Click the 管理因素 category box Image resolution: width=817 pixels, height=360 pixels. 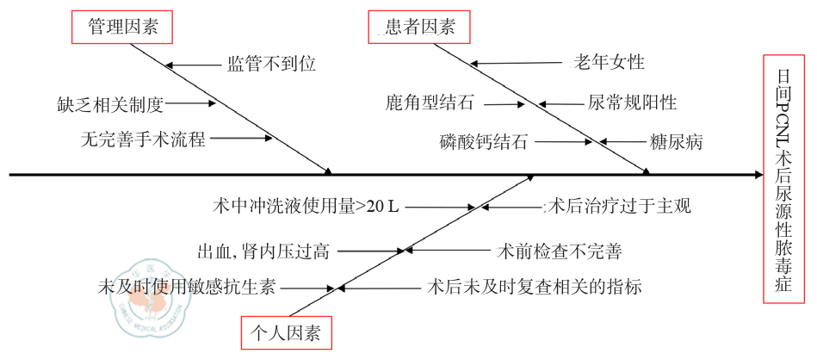tap(123, 28)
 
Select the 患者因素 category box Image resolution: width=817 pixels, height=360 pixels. tap(419, 28)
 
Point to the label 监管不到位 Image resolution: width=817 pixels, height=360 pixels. tap(271, 65)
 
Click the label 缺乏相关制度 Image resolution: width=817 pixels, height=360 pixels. tap(110, 104)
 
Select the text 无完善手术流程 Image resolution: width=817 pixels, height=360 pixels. tap(144, 139)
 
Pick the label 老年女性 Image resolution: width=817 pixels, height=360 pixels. tap(609, 63)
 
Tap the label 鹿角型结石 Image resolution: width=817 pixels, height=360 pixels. tap(430, 103)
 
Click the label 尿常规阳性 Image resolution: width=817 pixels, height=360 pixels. tap(633, 103)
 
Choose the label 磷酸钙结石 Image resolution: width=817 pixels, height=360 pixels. tap(483, 141)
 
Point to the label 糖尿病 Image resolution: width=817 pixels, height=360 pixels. tap(676, 141)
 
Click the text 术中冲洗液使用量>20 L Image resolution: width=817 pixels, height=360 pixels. tap(305, 207)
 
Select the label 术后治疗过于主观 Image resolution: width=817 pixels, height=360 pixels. tap(618, 207)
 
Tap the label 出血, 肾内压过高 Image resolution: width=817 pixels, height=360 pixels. tap(263, 251)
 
